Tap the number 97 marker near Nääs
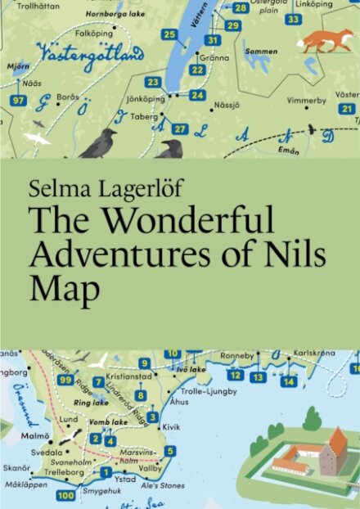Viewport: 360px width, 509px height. point(19,101)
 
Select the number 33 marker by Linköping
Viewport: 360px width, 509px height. point(293,19)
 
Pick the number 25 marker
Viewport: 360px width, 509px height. point(169,34)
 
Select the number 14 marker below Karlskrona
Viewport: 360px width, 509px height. point(288,381)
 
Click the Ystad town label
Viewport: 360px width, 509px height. point(124,480)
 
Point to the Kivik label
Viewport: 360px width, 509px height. point(169,427)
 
